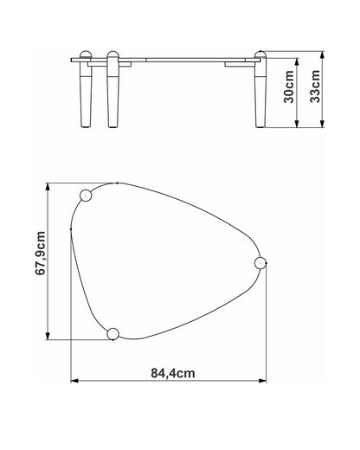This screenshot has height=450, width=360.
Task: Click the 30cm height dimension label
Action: point(289,87)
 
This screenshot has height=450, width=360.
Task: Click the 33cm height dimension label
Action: point(315,86)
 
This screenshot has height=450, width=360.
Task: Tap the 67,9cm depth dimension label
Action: point(40,254)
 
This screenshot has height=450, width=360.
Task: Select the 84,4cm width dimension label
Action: point(173,373)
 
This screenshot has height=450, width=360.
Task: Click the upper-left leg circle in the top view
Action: point(86,196)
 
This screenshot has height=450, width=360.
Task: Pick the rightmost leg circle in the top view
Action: point(260,263)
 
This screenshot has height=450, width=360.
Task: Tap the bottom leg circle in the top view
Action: point(112,334)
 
